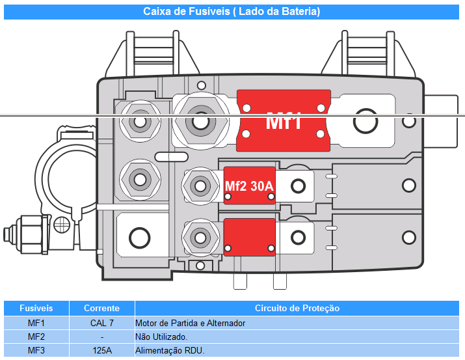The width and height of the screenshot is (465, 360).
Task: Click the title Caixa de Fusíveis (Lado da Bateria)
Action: pos(232,12)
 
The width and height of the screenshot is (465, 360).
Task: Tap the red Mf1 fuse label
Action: pos(284,121)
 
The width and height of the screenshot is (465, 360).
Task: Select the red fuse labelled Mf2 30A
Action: pos(249,186)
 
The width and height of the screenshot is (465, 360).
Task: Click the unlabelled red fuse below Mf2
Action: pos(249,237)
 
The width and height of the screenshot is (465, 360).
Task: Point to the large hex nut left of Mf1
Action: pos(200,121)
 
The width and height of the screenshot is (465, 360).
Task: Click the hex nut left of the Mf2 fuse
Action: pos(200,186)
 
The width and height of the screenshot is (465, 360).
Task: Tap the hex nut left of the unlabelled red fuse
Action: pos(200,238)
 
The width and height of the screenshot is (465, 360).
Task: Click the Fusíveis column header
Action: pos(36,308)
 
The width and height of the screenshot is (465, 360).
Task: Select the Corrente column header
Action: pos(101,308)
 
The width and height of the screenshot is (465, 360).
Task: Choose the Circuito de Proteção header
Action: pos(297,308)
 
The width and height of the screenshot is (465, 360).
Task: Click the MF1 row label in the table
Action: pos(36,323)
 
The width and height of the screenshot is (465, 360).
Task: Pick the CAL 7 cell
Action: pos(101,323)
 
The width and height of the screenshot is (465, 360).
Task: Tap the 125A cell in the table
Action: pos(102,350)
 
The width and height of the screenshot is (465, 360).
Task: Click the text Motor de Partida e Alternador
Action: pos(190,323)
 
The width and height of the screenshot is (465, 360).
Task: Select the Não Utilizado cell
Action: pos(161,337)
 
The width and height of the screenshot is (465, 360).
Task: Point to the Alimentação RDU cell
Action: pos(170,350)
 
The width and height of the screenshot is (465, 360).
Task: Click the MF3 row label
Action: pos(36,350)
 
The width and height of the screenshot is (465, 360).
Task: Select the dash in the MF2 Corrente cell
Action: pos(102,337)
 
